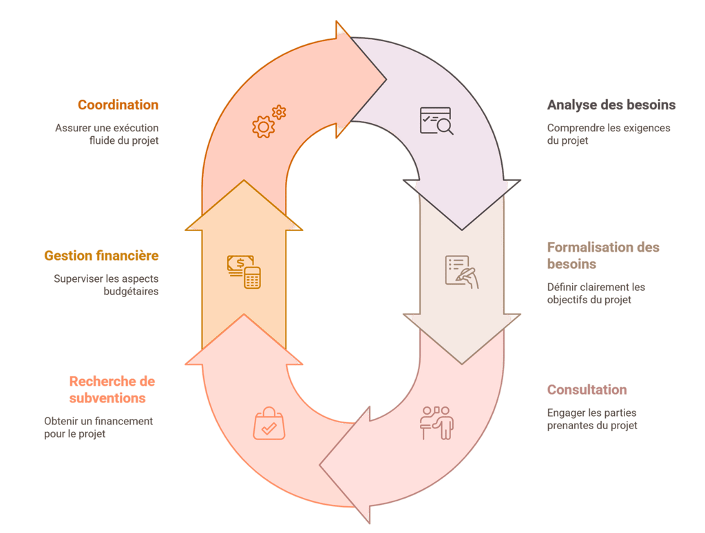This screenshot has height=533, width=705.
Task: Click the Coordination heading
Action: [x=118, y=105]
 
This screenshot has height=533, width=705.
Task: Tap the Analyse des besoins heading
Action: [x=611, y=105]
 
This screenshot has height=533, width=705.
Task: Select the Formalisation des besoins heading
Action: [x=603, y=255]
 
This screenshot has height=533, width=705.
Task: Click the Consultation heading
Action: [x=587, y=390]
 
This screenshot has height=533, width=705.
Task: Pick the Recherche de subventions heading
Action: [x=112, y=390]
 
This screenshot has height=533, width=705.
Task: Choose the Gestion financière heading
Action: [x=101, y=256]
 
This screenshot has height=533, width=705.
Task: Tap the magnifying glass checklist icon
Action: [x=436, y=120]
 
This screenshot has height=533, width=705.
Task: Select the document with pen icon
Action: [x=461, y=271]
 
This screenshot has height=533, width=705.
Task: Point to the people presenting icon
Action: [x=436, y=422]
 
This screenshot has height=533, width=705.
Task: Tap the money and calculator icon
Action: [x=244, y=272]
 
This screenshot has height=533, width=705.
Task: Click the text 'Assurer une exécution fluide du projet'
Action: [x=107, y=134]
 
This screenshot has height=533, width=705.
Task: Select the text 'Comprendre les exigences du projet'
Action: [x=608, y=134]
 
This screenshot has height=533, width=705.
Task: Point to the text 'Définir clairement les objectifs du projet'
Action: [x=596, y=293]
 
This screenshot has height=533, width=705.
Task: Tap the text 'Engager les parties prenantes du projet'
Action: [x=592, y=419]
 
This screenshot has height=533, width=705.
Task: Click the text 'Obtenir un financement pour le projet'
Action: [x=98, y=427]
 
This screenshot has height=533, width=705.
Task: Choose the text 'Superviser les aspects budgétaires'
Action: [x=106, y=285]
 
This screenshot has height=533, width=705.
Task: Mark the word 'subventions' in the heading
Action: [x=107, y=398]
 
